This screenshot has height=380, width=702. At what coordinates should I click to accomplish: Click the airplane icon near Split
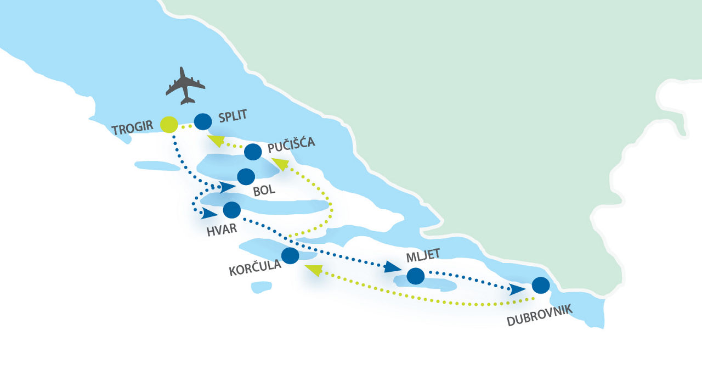[x=185, y=86]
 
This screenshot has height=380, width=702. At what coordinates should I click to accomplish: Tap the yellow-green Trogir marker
[x=169, y=125]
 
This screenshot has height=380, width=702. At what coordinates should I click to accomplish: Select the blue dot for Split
[x=203, y=122]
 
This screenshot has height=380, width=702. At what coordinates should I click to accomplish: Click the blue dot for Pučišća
[x=253, y=152]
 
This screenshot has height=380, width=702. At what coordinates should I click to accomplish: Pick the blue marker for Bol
[x=246, y=177]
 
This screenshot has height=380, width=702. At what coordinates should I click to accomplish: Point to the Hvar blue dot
[x=231, y=210]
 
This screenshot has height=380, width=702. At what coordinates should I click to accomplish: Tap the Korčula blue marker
[x=290, y=255]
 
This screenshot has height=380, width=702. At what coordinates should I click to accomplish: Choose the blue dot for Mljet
[x=416, y=276]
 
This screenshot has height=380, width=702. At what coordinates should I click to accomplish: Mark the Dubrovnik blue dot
[x=541, y=285]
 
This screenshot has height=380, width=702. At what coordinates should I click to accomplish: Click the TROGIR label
[x=132, y=128]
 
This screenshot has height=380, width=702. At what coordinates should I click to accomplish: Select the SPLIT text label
[x=233, y=116]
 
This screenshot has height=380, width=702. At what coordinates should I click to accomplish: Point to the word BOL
[x=264, y=190]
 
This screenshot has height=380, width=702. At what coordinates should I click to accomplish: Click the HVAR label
[x=222, y=230]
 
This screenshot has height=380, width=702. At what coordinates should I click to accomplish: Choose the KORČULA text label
[x=255, y=267]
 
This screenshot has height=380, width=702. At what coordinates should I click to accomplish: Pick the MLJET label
[x=423, y=255]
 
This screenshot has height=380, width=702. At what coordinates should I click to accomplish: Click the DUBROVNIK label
[x=540, y=315]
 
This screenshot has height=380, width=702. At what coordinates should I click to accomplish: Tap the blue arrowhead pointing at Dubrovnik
[x=517, y=289]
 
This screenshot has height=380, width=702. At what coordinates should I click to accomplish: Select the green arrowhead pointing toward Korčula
[x=314, y=270]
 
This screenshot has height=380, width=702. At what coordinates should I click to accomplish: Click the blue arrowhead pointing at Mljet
[x=392, y=267]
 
